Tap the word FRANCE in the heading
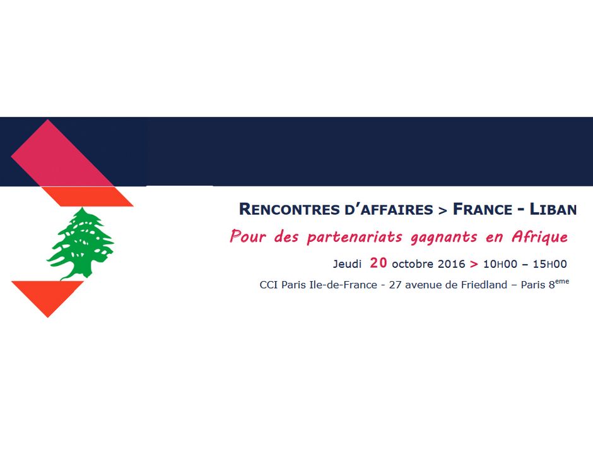[x=483, y=209]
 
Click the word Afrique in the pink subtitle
[x=539, y=237]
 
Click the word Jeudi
[x=347, y=263]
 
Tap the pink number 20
[x=378, y=263]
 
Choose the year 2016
[x=452, y=264]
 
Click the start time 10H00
[x=500, y=264]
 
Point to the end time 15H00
[x=550, y=264]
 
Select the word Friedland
[x=484, y=284]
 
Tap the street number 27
[x=395, y=285]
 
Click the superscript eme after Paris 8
[x=562, y=281]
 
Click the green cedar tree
[x=80, y=244]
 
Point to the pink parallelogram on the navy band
[x=62, y=153]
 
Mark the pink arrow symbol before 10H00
[x=474, y=264]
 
